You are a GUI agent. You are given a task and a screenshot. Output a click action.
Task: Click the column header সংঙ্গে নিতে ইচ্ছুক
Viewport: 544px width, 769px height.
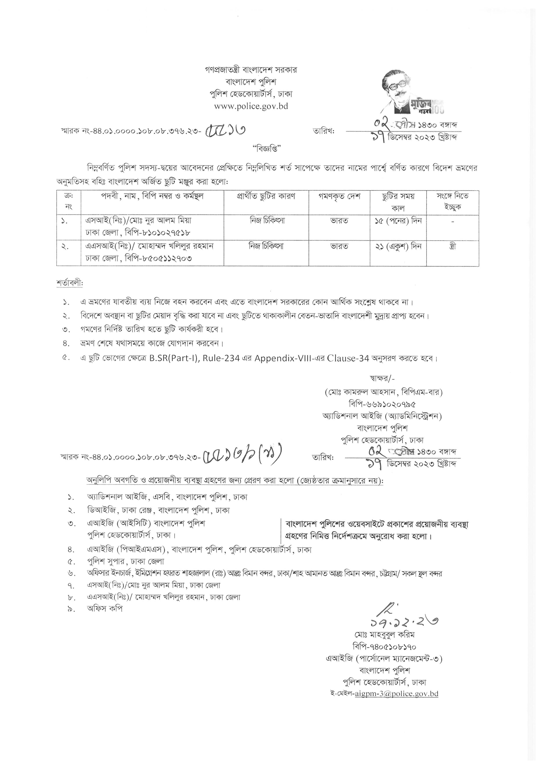point(453,201)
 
